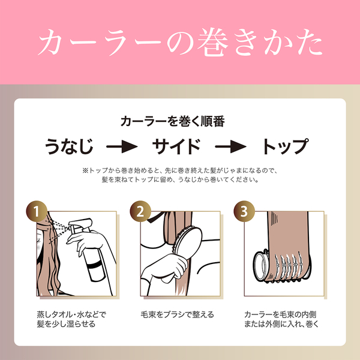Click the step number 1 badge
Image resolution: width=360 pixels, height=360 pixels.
pyautogui.click(x=37, y=211)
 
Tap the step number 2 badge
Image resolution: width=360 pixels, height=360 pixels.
pyautogui.click(x=140, y=211)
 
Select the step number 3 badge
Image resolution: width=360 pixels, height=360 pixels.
pyautogui.click(x=244, y=211)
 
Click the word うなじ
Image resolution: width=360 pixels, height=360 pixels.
pyautogui.click(x=69, y=146)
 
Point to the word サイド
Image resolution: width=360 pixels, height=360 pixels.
pyautogui.click(x=176, y=146)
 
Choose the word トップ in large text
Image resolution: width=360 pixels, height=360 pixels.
pyautogui.click(x=285, y=146)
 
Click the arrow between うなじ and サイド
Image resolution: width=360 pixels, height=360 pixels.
pyautogui.click(x=122, y=146)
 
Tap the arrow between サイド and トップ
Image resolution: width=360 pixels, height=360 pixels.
pyautogui.click(x=231, y=146)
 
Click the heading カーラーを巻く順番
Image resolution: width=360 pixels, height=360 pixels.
pyautogui.click(x=173, y=121)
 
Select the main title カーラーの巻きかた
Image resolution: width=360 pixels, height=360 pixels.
pyautogui.click(x=180, y=43)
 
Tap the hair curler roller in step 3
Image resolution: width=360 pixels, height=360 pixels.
pyautogui.click(x=283, y=266)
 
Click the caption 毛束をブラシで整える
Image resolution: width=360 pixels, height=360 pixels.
pyautogui.click(x=177, y=314)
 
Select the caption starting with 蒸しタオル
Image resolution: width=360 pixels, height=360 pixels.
pyautogui.click(x=71, y=319)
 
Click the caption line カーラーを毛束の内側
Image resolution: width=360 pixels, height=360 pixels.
pyautogui.click(x=280, y=314)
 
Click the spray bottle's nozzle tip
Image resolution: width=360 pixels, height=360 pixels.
pyautogui.click(x=70, y=227)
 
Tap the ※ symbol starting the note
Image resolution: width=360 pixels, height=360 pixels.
pyautogui.click(x=85, y=170)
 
